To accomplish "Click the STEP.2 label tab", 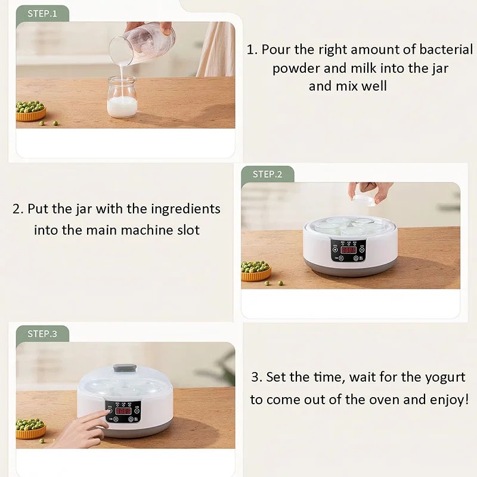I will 267,174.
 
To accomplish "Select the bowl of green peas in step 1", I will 30,111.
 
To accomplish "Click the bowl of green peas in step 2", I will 256,271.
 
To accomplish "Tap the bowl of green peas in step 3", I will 30,428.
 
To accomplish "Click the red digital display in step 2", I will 348,250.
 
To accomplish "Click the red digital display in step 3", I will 123,411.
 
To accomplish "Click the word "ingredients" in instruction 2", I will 185,209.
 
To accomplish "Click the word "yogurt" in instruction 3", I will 443,377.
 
